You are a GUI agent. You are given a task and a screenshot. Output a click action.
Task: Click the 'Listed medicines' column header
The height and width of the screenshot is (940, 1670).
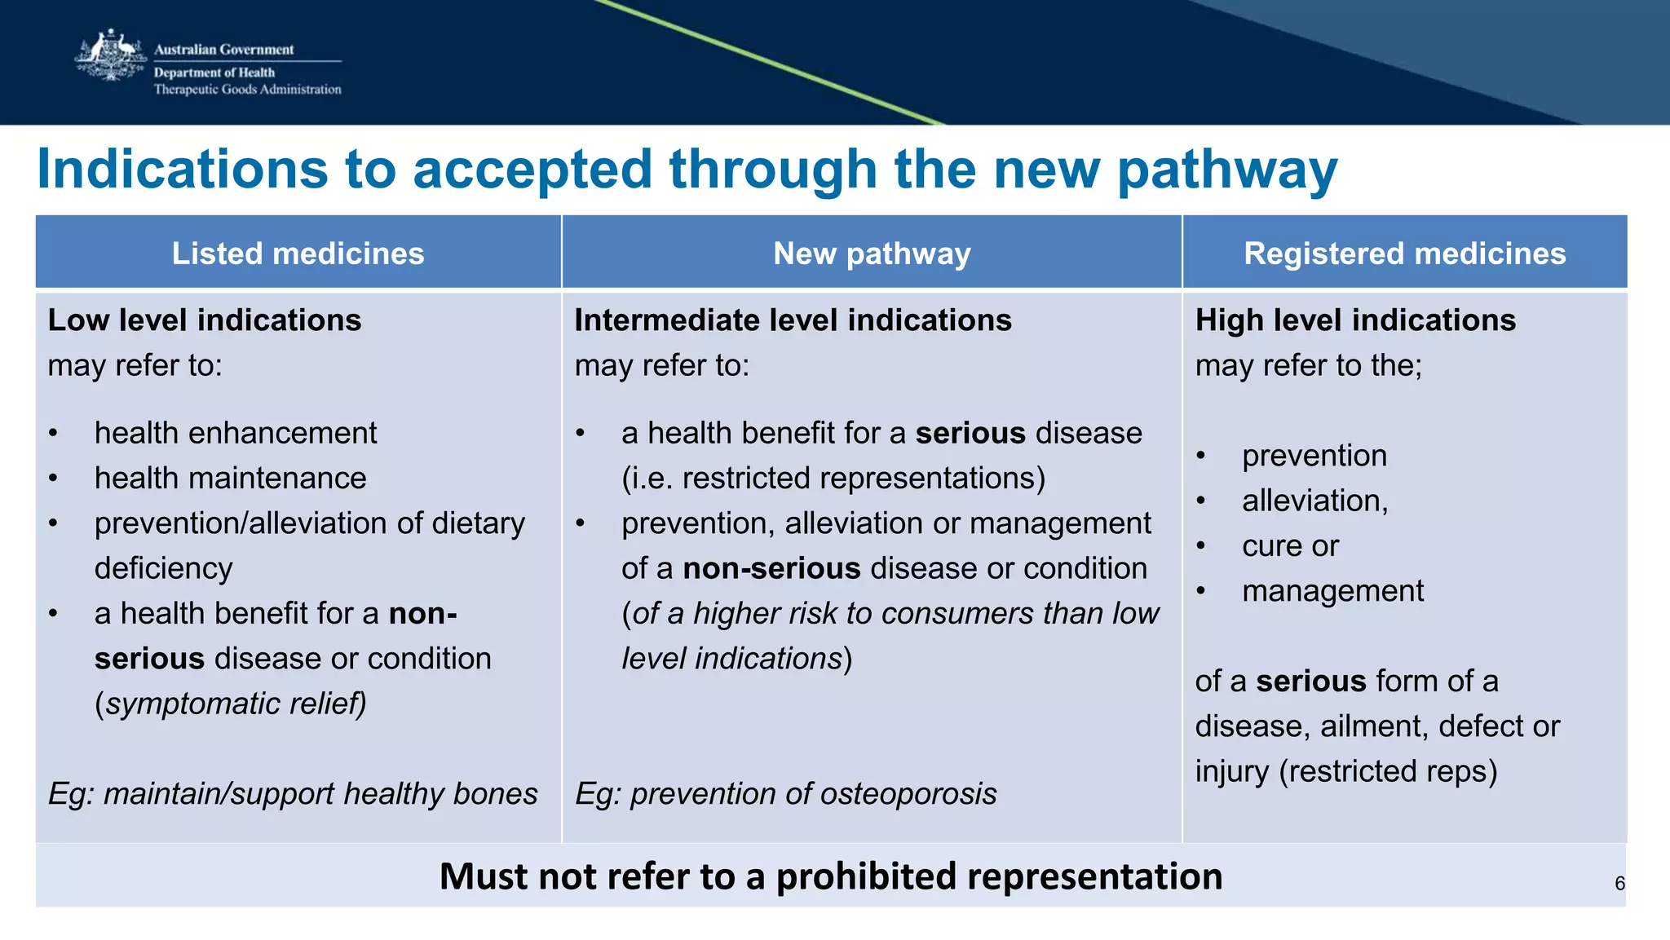(x=298, y=254)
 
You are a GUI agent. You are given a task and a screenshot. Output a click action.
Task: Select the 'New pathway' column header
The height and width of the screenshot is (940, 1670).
(x=872, y=254)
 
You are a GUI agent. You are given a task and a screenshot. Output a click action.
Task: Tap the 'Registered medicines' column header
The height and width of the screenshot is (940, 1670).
(x=1404, y=254)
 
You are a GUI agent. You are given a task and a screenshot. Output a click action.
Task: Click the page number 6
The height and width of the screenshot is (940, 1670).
(x=1619, y=884)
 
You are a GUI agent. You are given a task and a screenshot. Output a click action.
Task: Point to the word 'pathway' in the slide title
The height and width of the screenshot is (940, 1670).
(x=1226, y=170)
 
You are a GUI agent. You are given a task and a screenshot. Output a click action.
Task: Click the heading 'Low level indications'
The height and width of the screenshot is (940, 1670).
(x=205, y=320)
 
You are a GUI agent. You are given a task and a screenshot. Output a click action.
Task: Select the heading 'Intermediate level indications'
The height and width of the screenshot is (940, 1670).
(x=793, y=320)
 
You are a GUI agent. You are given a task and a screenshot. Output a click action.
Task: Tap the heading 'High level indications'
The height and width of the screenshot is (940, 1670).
(x=1355, y=320)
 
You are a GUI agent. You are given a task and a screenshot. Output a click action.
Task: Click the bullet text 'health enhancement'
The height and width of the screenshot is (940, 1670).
(x=236, y=433)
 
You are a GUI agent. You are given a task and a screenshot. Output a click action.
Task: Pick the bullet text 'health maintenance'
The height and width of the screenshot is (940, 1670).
(x=230, y=478)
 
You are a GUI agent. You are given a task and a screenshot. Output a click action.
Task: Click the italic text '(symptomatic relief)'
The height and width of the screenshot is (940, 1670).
(x=231, y=704)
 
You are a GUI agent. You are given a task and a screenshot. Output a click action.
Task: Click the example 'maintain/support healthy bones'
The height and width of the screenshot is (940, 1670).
(x=320, y=794)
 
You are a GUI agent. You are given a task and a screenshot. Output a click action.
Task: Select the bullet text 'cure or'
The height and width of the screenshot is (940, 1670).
(x=1290, y=546)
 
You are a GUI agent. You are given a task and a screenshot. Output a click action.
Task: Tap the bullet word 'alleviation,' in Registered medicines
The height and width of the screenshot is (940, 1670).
(x=1314, y=501)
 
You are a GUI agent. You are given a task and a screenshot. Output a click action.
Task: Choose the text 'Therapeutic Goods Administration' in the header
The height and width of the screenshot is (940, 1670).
(x=247, y=90)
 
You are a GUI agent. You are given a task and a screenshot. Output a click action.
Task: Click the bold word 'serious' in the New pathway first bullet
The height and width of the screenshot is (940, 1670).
(x=970, y=433)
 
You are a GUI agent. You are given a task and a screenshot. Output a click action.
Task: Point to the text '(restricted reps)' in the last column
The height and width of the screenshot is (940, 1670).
(x=1388, y=771)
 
